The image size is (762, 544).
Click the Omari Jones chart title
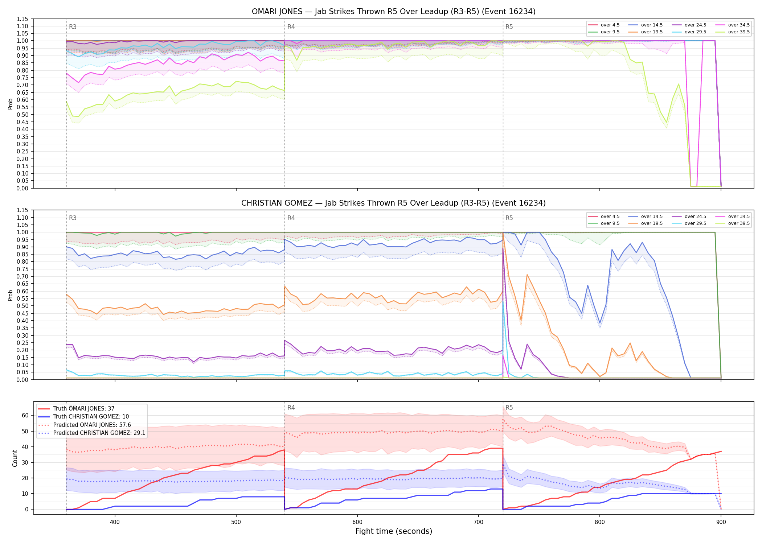pos(393,12)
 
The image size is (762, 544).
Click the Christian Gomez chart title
pos(393,203)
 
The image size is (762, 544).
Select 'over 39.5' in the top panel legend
pos(739,32)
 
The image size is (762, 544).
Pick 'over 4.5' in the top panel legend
pos(610,25)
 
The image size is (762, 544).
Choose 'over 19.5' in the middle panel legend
pos(652,223)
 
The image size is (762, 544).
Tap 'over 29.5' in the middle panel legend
pos(695,223)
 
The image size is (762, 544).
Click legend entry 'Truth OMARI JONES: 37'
pos(84,409)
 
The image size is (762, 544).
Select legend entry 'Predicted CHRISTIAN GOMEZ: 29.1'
pos(99,433)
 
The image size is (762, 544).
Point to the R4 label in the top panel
pos(291,27)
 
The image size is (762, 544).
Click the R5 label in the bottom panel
pos(509,408)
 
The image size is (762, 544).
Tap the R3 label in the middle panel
pos(73,218)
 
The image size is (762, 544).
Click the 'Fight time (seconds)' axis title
pos(394,531)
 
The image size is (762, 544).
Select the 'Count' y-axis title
pos(15,458)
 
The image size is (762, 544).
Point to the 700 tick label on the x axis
pos(479,522)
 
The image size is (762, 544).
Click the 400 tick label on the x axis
pos(115,522)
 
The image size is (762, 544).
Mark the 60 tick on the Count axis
pos(25,416)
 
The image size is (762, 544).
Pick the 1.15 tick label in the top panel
pos(22,19)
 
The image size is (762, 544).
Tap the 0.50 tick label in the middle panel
pos(22,306)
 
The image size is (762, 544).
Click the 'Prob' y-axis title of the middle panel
pos(10,295)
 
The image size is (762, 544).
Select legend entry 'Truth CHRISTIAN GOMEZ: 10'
pos(91,417)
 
